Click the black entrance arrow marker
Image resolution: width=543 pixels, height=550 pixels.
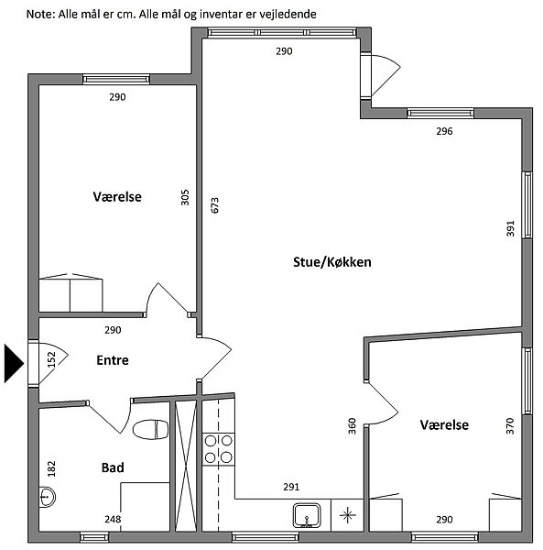(14, 363)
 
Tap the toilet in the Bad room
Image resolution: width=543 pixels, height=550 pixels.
(151, 429)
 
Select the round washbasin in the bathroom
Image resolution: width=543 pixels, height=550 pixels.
(47, 497)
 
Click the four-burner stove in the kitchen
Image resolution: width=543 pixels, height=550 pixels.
(218, 449)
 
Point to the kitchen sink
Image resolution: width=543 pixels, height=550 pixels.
(307, 515)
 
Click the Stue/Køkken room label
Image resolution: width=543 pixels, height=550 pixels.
(332, 262)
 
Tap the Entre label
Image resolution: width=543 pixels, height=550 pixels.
(113, 360)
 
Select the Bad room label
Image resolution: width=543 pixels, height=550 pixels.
(113, 467)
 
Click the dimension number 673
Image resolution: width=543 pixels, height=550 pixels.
(215, 205)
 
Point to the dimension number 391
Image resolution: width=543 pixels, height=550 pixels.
(510, 228)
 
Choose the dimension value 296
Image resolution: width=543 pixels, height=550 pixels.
(444, 131)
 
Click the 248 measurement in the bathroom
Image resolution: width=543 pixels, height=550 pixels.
(113, 519)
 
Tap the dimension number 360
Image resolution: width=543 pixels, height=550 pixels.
(352, 426)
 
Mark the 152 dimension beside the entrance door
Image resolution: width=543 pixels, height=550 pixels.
(51, 360)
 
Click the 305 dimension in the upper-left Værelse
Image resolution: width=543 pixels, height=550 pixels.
(185, 197)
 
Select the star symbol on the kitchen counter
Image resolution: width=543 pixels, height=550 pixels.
(348, 515)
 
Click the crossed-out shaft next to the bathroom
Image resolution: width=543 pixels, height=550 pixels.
(186, 466)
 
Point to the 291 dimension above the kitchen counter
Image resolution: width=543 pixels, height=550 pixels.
(291, 487)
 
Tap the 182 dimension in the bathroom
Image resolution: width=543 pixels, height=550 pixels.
(51, 468)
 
